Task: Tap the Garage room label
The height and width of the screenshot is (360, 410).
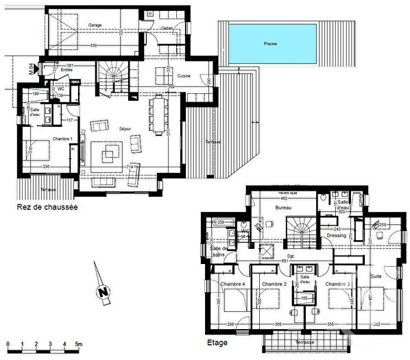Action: (x=95, y=25)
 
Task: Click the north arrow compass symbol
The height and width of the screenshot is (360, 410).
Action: (x=104, y=291)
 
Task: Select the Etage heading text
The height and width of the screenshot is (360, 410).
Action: (x=218, y=340)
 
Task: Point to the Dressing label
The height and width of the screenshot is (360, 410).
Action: (x=337, y=235)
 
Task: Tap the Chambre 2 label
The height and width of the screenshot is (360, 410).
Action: (x=274, y=284)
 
